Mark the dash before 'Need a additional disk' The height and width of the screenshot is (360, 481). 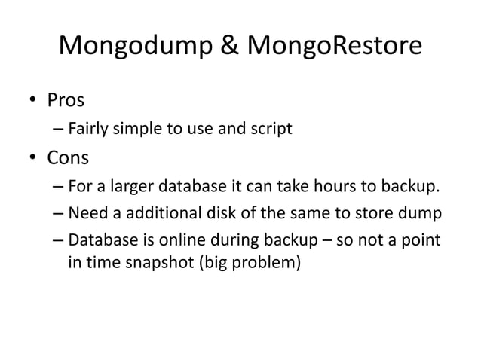(58, 214)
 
